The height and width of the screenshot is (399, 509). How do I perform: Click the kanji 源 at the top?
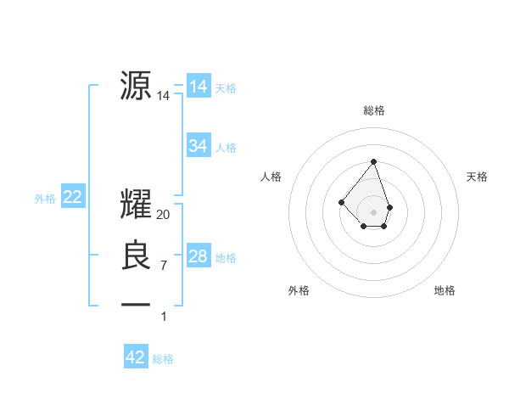pyautogui.click(x=136, y=86)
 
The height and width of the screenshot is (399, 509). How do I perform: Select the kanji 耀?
pyautogui.click(x=136, y=205)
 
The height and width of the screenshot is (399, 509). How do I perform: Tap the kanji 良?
pyautogui.click(x=136, y=256)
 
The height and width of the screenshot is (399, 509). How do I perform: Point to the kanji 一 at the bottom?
pyautogui.click(x=136, y=303)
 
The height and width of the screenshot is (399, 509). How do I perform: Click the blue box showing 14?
pyautogui.click(x=198, y=87)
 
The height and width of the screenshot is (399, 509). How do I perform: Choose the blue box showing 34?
pyautogui.click(x=198, y=146)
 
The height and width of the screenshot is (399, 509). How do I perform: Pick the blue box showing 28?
pyautogui.click(x=198, y=256)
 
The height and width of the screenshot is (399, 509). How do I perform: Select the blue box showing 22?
pyautogui.click(x=73, y=197)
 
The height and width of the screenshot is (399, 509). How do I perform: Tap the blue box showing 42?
pyautogui.click(x=136, y=357)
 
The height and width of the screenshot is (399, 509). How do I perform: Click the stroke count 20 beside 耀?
pyautogui.click(x=164, y=215)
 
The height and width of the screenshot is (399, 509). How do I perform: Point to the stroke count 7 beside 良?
pyautogui.click(x=164, y=266)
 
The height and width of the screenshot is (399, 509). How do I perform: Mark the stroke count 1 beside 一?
pyautogui.click(x=164, y=317)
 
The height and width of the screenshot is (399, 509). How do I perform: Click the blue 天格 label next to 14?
pyautogui.click(x=226, y=87)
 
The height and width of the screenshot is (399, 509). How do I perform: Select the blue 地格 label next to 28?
pyautogui.click(x=226, y=257)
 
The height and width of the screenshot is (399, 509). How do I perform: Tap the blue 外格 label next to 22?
pyautogui.click(x=45, y=199)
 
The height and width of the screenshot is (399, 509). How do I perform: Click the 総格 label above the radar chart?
pyautogui.click(x=374, y=110)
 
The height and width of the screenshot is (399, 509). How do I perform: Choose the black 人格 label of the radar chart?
pyautogui.click(x=271, y=177)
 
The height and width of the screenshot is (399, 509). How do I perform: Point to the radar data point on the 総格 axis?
pyautogui.click(x=373, y=161)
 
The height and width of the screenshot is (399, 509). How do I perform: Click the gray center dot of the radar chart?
pyautogui.click(x=373, y=211)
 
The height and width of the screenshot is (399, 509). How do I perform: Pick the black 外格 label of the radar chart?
pyautogui.click(x=299, y=290)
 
